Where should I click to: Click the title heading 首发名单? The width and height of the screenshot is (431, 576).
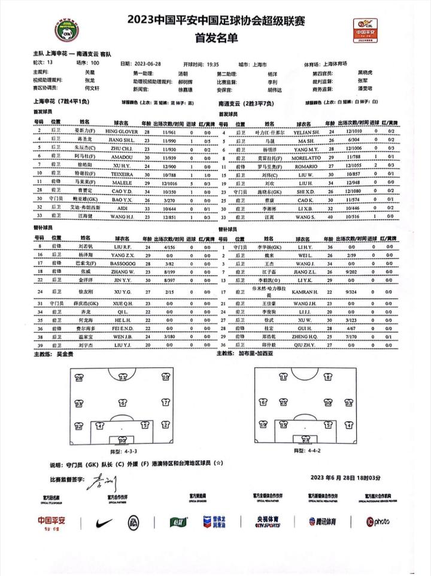[x=215, y=38]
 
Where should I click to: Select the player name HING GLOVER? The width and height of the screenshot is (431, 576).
[x=122, y=131]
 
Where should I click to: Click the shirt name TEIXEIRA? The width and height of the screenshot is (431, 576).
[x=122, y=171]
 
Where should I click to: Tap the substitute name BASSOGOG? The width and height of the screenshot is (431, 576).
[x=122, y=263]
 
